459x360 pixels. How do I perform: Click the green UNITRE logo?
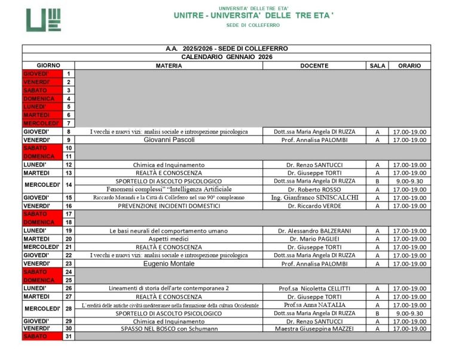43,20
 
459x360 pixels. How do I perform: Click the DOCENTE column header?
314,66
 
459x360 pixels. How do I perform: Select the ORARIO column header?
409,66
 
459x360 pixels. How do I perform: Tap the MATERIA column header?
169,66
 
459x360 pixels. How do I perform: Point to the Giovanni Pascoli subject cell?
169,140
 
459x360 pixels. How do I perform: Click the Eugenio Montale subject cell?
169,263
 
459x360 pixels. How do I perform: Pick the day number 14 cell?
69,185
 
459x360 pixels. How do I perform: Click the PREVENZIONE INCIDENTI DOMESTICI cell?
169,206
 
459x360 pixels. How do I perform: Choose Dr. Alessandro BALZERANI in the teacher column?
314,230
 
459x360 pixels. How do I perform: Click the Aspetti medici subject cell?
169,239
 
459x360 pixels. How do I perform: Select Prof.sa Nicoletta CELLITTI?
314,288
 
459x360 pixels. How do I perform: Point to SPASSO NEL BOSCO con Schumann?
169,328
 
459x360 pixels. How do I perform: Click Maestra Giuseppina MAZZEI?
314,328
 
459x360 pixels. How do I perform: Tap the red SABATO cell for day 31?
42,337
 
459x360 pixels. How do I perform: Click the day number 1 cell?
69,73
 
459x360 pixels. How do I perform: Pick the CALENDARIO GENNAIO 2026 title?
227,57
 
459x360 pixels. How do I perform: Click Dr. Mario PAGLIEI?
314,239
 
